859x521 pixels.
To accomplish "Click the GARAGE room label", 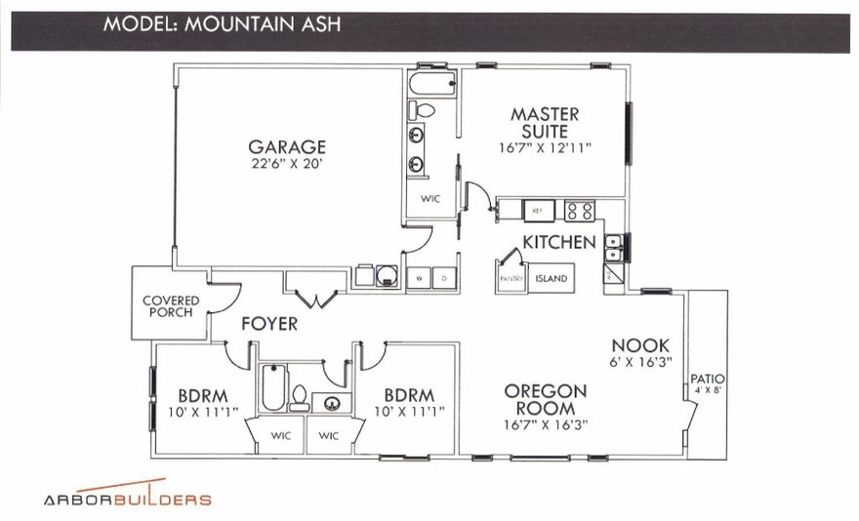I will pyautogui.click(x=286, y=147).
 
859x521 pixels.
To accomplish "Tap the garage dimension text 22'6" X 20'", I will pyautogui.click(x=286, y=164).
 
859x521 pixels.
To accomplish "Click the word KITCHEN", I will pyautogui.click(x=558, y=241).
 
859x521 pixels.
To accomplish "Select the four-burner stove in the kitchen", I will pyautogui.click(x=580, y=210).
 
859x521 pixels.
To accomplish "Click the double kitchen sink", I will pyautogui.click(x=614, y=250).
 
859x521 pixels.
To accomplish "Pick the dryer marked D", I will pyautogui.click(x=445, y=278).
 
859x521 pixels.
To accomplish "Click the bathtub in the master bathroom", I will pyautogui.click(x=430, y=83).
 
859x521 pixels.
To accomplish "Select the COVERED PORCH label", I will pyautogui.click(x=171, y=306).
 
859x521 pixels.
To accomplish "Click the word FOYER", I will pyautogui.click(x=269, y=324).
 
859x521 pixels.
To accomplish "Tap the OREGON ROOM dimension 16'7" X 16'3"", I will pyautogui.click(x=546, y=425).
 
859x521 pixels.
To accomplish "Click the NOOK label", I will pyautogui.click(x=640, y=345).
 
